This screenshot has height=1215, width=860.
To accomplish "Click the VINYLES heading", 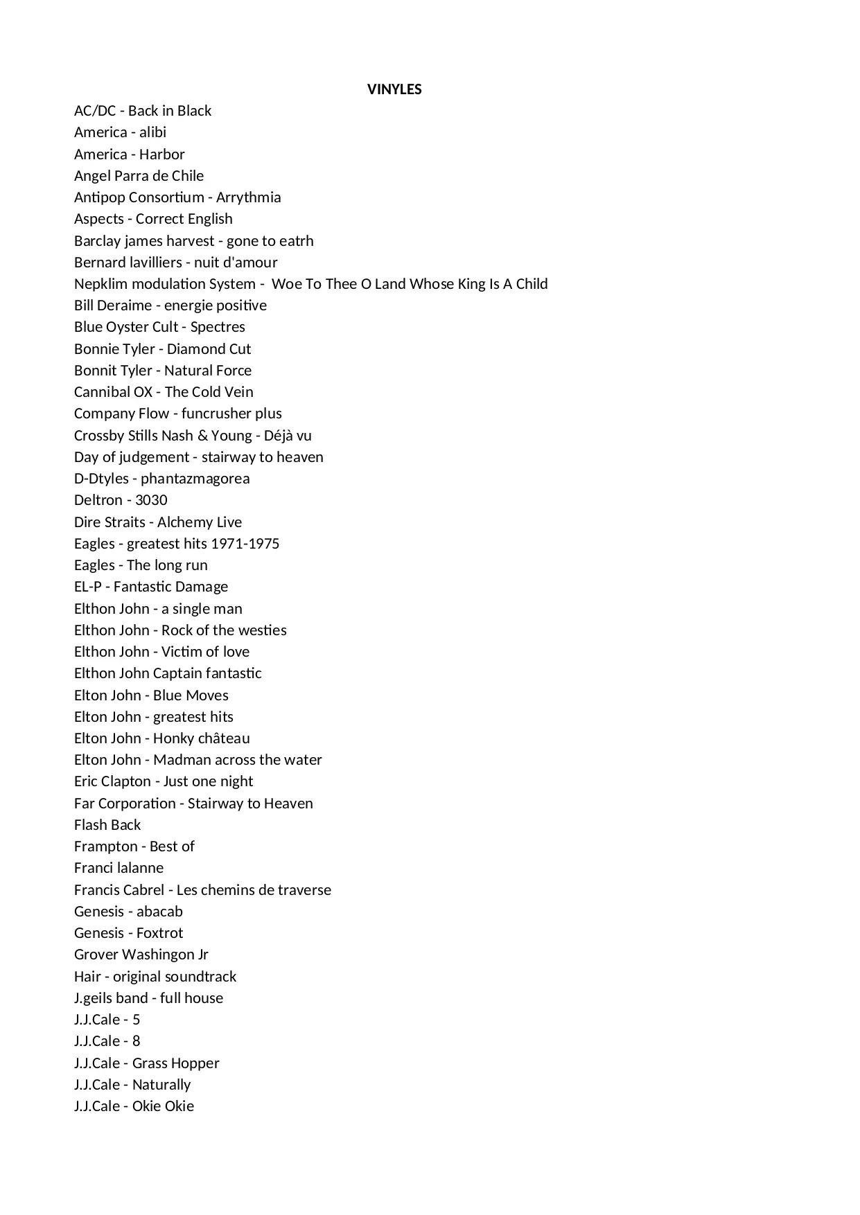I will [394, 89].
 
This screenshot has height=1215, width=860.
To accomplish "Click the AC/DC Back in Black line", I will [143, 111].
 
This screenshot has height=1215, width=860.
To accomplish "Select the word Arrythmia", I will [248, 197].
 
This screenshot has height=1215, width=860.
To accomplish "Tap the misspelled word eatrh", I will [297, 241].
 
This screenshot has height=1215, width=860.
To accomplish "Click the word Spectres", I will [218, 327].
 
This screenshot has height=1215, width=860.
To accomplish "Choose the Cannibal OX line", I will [164, 392].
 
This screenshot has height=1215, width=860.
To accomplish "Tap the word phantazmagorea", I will [195, 479].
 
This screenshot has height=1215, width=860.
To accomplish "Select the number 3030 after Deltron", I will [151, 500].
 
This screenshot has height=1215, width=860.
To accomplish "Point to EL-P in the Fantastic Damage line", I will [88, 587].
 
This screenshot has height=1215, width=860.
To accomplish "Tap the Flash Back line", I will [107, 825].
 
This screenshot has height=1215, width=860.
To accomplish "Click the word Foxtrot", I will [160, 933].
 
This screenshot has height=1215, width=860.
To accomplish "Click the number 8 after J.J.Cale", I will [136, 1041].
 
